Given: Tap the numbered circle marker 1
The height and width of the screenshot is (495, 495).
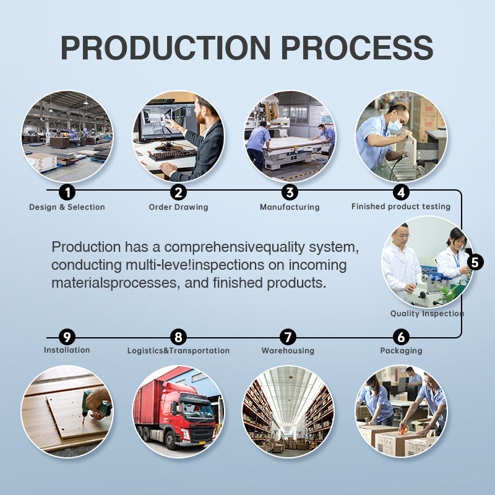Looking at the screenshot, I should pyautogui.click(x=67, y=192).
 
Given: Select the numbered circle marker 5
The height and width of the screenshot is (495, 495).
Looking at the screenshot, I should pyautogui.click(x=475, y=262).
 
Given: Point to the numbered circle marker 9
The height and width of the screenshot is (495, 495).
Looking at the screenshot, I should pyautogui.click(x=67, y=337).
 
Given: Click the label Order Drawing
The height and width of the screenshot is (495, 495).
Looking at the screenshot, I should pyautogui.click(x=179, y=207).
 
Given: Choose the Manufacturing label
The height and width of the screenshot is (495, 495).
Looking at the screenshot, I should pyautogui.click(x=290, y=207).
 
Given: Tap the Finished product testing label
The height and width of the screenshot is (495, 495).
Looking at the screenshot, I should pyautogui.click(x=401, y=206).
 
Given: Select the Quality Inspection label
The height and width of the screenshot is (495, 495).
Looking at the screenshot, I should pyautogui.click(x=427, y=314).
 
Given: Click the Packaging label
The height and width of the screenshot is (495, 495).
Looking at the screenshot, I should pyautogui.click(x=401, y=351).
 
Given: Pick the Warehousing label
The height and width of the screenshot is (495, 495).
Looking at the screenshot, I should pyautogui.click(x=288, y=351).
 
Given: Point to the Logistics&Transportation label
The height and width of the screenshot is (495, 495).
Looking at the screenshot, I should pyautogui.click(x=178, y=351).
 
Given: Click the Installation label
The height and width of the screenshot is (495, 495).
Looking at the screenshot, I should pyautogui.click(x=67, y=350).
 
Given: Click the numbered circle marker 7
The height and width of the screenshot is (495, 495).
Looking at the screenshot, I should pyautogui.click(x=288, y=337).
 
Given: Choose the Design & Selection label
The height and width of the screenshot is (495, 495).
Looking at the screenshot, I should pyautogui.click(x=67, y=207).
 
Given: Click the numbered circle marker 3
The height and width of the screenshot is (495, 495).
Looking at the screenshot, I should pyautogui.click(x=290, y=192).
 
